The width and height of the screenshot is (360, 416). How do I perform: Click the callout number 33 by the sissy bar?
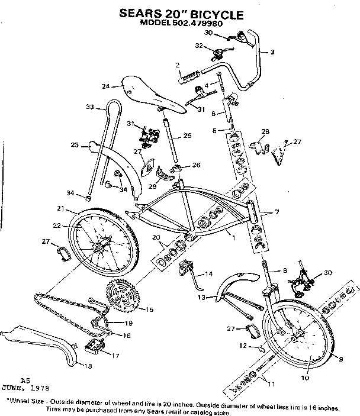pos(90,107)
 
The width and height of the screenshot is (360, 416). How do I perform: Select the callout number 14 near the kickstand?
pos(208,274)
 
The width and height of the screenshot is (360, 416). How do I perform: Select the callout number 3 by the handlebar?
pos(272,53)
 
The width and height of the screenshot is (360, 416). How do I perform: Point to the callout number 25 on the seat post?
pos(187,136)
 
